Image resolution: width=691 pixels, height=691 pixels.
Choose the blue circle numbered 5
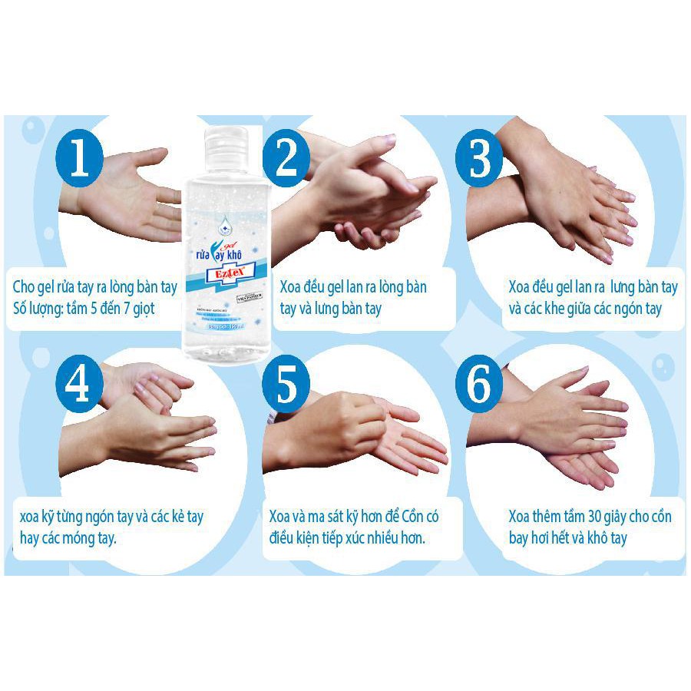pyautogui.click(x=285, y=386)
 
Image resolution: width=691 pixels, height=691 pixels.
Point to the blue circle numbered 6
pyautogui.click(x=479, y=386)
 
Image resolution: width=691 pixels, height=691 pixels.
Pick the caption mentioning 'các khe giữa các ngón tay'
pyautogui.click(x=585, y=309)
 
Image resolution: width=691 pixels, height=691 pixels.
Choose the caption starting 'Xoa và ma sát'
pyautogui.click(x=355, y=527)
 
